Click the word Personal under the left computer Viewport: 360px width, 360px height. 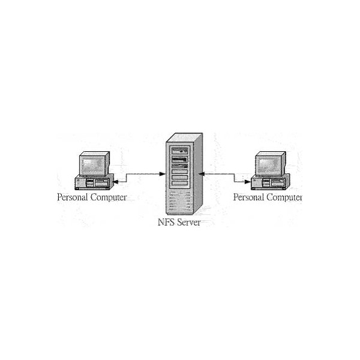pos(73,197)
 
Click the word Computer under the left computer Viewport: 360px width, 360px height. pos(109,197)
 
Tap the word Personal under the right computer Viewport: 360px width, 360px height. pos(248,197)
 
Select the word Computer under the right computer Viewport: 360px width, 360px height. pos(284,197)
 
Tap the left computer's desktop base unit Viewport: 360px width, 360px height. pos(94,182)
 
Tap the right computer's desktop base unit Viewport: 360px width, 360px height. pos(270,182)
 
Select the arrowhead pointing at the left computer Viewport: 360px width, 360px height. pos(116,182)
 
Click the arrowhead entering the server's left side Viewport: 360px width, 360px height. pos(163,174)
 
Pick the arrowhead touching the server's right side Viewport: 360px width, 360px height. pos(202,174)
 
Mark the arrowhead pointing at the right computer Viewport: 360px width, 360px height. pos(247,182)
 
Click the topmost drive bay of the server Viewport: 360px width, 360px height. pos(180,151)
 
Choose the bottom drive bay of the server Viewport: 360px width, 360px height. pos(180,183)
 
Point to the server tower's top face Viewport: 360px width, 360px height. pos(185,137)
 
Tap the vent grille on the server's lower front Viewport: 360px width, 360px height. pos(180,201)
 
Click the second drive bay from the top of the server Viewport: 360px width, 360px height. pos(180,159)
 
